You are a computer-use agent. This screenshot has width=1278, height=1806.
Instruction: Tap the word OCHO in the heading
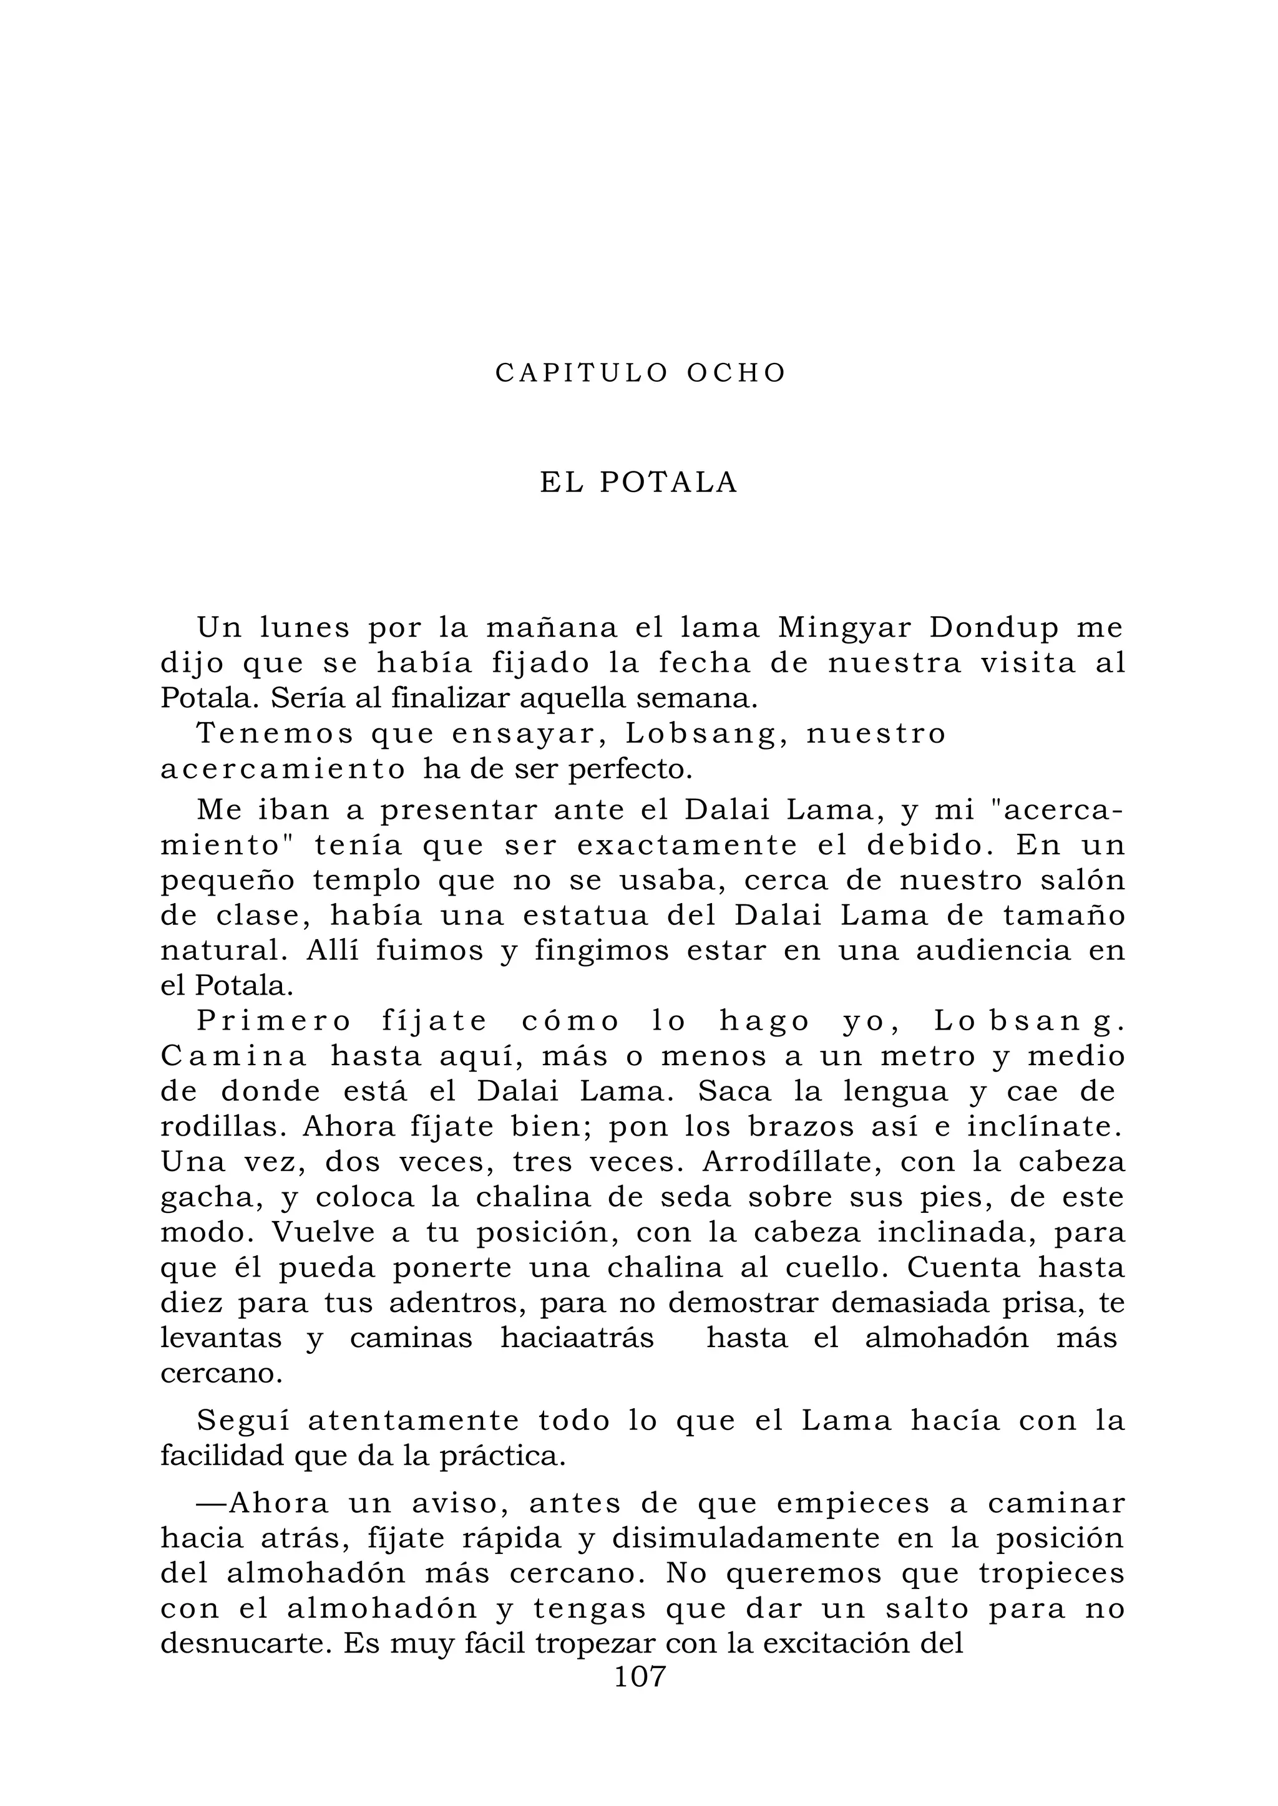coord(736,373)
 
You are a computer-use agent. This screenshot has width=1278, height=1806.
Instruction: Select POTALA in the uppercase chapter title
coord(669,483)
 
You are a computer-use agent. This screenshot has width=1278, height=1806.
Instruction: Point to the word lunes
coord(305,628)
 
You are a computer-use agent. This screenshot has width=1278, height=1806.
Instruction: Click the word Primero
coord(274,1021)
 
